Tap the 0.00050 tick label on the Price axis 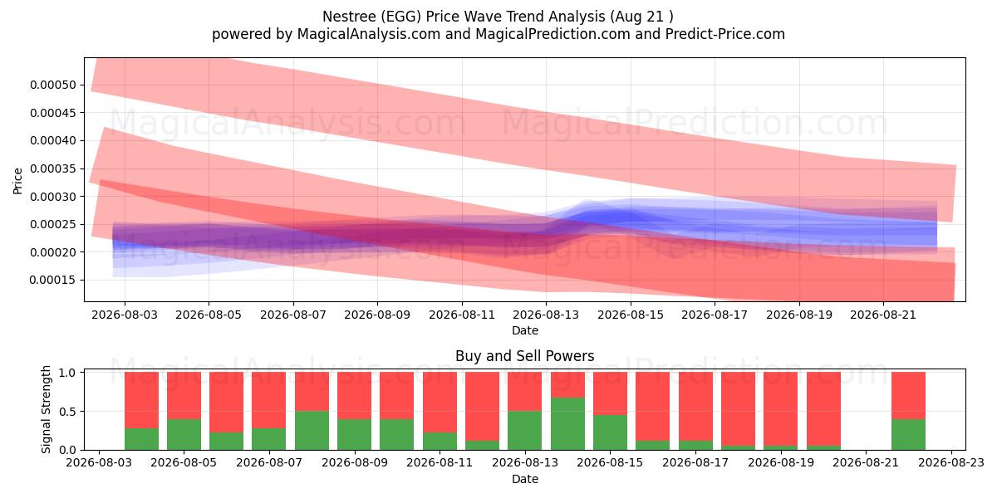pos(53,85)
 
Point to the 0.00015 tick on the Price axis pos(53,281)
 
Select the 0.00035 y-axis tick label pos(53,169)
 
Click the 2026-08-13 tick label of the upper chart pos(546,315)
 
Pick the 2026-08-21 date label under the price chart pos(883,315)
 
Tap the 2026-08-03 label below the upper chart pos(125,315)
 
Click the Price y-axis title pos(17,181)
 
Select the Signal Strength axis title pos(46,409)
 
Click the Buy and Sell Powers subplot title pos(525,356)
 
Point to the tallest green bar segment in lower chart pos(567,424)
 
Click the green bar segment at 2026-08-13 pos(525,431)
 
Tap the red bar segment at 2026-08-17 pos(695,407)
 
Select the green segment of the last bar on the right pos(908,434)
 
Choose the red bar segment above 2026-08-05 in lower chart pos(184,396)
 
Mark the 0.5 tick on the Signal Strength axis pos(67,412)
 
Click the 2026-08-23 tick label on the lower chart pos(951,463)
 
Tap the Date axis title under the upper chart pos(525,330)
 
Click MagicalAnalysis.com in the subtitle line pos(369,34)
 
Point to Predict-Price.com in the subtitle pos(725,34)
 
